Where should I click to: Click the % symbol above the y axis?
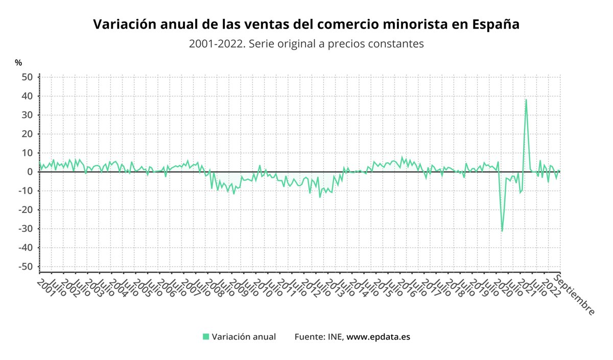click(18, 63)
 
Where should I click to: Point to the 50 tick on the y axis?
click(27, 77)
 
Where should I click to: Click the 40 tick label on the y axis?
click(27, 96)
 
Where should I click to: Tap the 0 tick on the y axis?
click(30, 172)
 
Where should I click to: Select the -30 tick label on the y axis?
click(26, 228)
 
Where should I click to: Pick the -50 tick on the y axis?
click(26, 267)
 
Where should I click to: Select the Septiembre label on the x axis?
click(575, 295)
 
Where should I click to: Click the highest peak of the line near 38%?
click(526, 100)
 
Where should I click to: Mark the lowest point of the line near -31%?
click(502, 231)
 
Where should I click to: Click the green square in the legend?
click(206, 337)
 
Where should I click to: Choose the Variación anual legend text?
click(244, 337)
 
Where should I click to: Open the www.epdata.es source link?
click(378, 337)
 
